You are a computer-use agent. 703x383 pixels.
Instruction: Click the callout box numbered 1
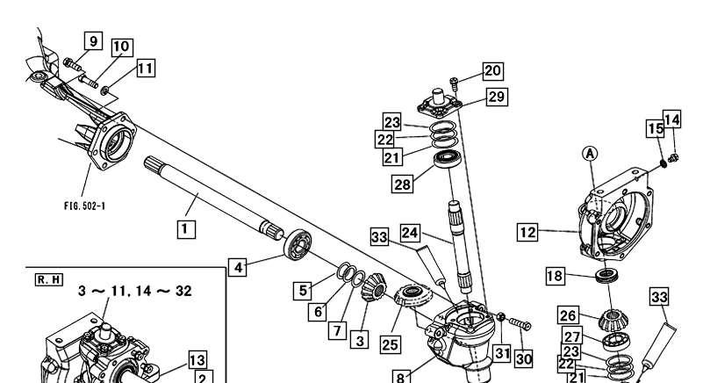(x=185, y=229)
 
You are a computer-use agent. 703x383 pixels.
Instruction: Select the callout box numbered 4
(x=238, y=268)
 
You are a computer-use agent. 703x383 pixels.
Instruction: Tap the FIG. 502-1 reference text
(x=84, y=206)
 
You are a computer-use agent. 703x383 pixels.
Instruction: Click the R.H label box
(x=49, y=279)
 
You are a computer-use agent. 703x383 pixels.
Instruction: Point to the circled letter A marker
(x=590, y=154)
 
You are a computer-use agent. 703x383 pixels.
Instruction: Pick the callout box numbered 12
(x=527, y=232)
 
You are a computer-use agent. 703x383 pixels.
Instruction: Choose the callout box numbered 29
(x=497, y=97)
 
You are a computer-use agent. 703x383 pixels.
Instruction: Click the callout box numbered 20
(x=492, y=70)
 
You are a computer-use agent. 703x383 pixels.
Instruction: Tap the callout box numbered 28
(x=402, y=184)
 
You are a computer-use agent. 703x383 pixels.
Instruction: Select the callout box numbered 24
(x=410, y=233)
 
